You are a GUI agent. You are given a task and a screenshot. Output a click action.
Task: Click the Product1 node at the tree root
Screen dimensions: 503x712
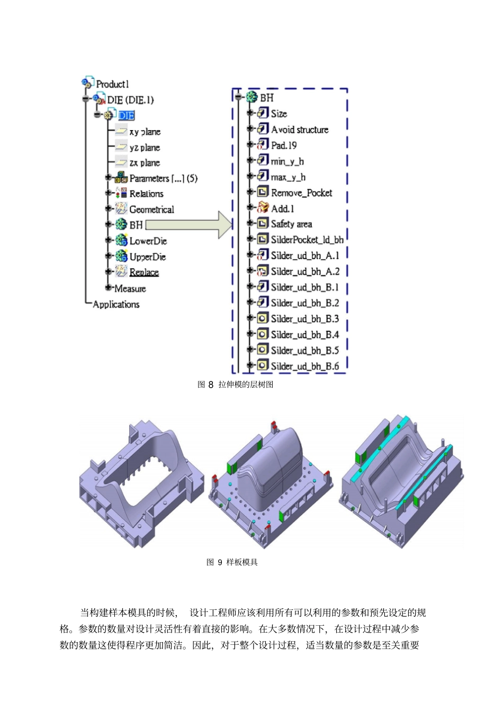click(x=112, y=84)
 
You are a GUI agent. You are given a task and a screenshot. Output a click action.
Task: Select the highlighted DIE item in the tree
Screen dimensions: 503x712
click(x=127, y=115)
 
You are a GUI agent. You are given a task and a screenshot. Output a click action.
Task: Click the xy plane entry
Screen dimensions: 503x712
click(x=145, y=132)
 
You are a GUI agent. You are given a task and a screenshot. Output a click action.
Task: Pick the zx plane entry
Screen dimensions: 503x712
click(x=145, y=163)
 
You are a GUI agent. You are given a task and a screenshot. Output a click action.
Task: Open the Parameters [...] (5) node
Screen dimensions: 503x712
click(x=163, y=178)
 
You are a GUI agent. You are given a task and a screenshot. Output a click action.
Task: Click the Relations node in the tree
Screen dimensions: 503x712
click(x=146, y=194)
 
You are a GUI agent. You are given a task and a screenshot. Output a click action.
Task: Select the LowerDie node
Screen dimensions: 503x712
click(x=148, y=241)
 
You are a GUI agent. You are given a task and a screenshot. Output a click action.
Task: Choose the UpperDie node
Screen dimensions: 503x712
click(x=148, y=257)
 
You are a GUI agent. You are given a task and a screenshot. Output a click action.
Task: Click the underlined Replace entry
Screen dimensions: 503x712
click(x=144, y=272)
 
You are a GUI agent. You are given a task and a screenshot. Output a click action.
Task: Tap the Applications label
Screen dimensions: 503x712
click(x=116, y=304)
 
